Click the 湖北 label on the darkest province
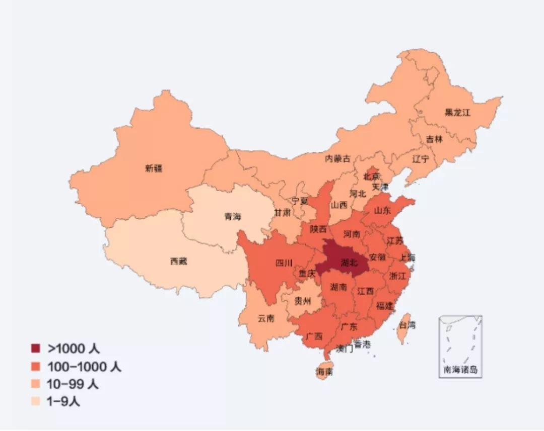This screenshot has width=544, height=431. coord(349,263)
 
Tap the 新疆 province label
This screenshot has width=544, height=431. coord(154,168)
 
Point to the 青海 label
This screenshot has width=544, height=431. coord(233,217)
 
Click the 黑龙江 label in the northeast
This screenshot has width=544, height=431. coord(457,113)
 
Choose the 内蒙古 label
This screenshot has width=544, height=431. coord(337,158)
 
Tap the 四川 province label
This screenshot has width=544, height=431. coord(284,263)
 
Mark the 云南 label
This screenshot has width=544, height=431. coord(266,318)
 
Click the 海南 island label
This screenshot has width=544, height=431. coord(324,372)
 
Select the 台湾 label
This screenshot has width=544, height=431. coord(407,325)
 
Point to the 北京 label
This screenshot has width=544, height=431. coord(372,177)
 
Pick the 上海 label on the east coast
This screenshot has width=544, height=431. coord(407,257)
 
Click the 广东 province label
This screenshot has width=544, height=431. coord(349,327)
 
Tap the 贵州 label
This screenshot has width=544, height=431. coord(303,301)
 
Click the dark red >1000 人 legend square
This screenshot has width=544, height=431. coord(35,349)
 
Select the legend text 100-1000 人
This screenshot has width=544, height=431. coord(84,367)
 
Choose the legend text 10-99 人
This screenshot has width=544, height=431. coord(73,384)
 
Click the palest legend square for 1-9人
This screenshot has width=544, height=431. coord(35,401)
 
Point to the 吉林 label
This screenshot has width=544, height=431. coord(434,139)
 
